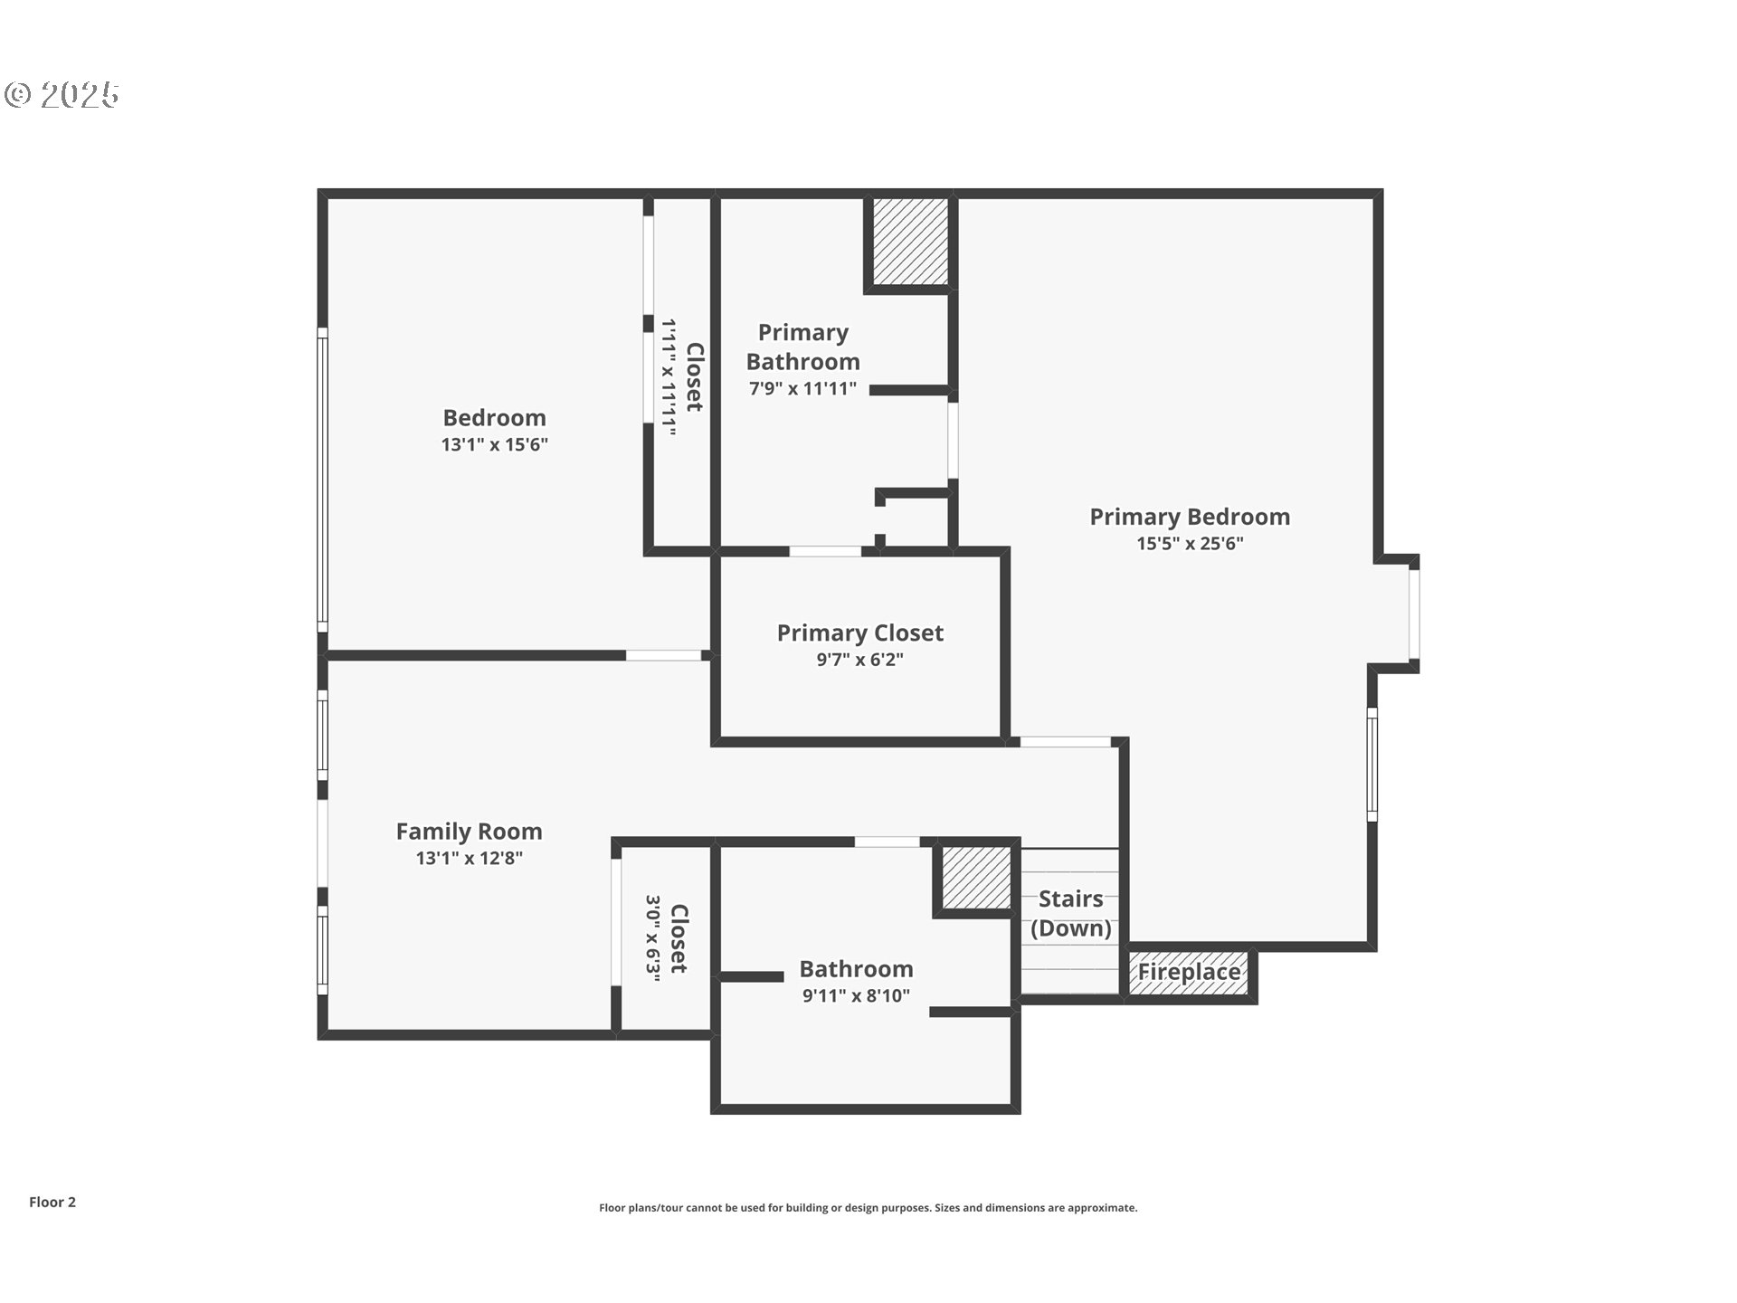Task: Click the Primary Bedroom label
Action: click(1189, 517)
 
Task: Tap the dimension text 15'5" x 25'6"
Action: click(1189, 544)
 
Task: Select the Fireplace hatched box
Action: click(1189, 973)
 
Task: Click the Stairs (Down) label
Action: click(1070, 913)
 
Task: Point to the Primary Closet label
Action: click(859, 632)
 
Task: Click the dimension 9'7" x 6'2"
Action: click(859, 660)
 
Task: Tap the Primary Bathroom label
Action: click(802, 347)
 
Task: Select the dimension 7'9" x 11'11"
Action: click(802, 389)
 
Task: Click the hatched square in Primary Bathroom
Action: click(910, 241)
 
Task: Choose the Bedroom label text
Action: click(494, 418)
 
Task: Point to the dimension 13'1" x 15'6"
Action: click(494, 445)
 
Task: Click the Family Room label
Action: click(469, 832)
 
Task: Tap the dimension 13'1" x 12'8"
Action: click(469, 859)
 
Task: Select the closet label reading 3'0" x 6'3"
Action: click(668, 936)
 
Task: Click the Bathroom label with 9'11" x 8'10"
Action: click(856, 969)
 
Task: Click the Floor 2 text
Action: click(52, 1202)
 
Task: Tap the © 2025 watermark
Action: click(62, 94)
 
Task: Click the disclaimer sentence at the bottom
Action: click(868, 1208)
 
